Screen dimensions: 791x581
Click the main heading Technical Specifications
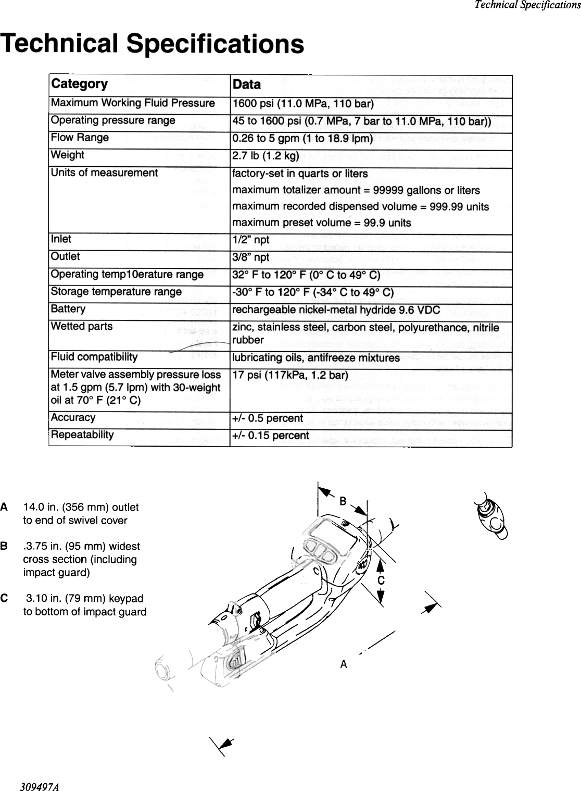pos(153,43)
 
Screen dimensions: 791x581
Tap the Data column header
pos(247,85)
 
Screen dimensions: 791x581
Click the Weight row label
pos(67,155)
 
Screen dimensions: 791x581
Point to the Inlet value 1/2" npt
pos(250,240)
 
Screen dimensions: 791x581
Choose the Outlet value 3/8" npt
pos(250,257)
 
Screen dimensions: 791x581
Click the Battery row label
pos(68,309)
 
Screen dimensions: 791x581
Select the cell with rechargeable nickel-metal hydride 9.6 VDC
pos(336,311)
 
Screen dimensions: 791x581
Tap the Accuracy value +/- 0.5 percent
pos(268,418)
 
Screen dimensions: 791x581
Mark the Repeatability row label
pos(82,435)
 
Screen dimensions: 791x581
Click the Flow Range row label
pos(80,138)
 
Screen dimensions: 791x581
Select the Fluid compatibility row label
pos(94,357)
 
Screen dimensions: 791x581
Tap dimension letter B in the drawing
pos(343,501)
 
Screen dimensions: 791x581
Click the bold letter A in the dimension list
pos(4,506)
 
